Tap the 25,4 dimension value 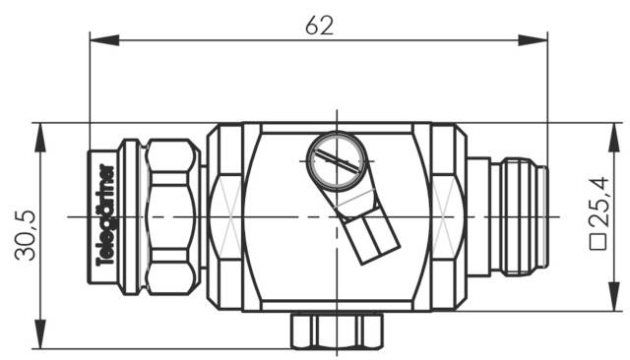pyautogui.click(x=597, y=203)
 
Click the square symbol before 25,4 pyautogui.click(x=597, y=242)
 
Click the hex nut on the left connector pyautogui.click(x=172, y=214)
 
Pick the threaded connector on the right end pyautogui.click(x=519, y=214)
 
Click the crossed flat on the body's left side pyautogui.click(x=226, y=214)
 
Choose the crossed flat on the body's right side pyautogui.click(x=446, y=214)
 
